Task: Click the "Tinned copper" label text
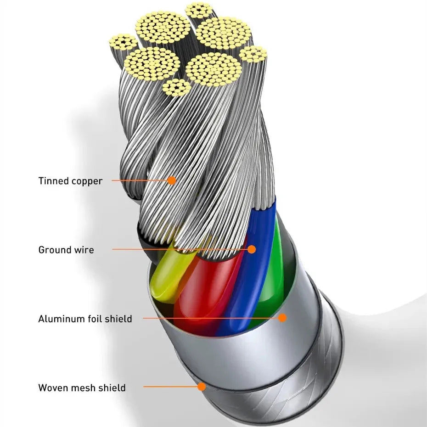[x=70, y=181]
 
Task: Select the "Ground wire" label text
[x=66, y=250]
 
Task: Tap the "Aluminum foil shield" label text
[x=85, y=319]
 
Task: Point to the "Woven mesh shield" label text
[x=82, y=388]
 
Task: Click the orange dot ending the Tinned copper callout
[x=171, y=180]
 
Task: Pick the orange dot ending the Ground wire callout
[x=251, y=249]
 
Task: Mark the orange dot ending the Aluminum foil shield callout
[x=282, y=318]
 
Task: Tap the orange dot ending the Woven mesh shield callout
[x=202, y=387]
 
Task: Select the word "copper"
[x=87, y=181]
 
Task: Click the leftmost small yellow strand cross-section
[x=123, y=42]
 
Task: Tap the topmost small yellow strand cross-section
[x=199, y=10]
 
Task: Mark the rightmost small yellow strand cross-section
[x=253, y=54]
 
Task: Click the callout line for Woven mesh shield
[x=170, y=387]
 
